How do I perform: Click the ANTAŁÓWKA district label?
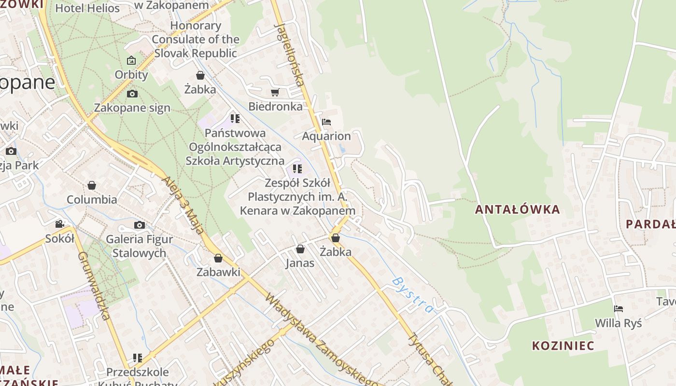[x=517, y=209]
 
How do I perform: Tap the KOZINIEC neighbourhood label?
[x=563, y=345]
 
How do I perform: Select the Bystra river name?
[x=413, y=295]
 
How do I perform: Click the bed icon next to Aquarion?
[x=326, y=122]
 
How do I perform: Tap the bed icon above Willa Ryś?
[x=619, y=309]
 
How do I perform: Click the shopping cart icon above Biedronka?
[x=275, y=92]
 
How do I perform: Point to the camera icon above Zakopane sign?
[x=132, y=94]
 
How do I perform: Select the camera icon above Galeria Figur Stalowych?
[x=139, y=225]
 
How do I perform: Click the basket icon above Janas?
[x=300, y=249]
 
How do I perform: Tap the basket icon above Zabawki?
[x=218, y=258]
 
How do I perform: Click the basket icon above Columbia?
[x=92, y=185]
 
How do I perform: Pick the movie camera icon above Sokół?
[x=60, y=224]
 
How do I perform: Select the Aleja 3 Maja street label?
[x=184, y=205]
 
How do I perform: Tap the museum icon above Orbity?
[x=131, y=61]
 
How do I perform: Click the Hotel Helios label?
[x=87, y=8]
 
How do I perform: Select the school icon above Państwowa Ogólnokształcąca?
[x=235, y=119]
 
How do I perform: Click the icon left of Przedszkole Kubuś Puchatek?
[x=138, y=358]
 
